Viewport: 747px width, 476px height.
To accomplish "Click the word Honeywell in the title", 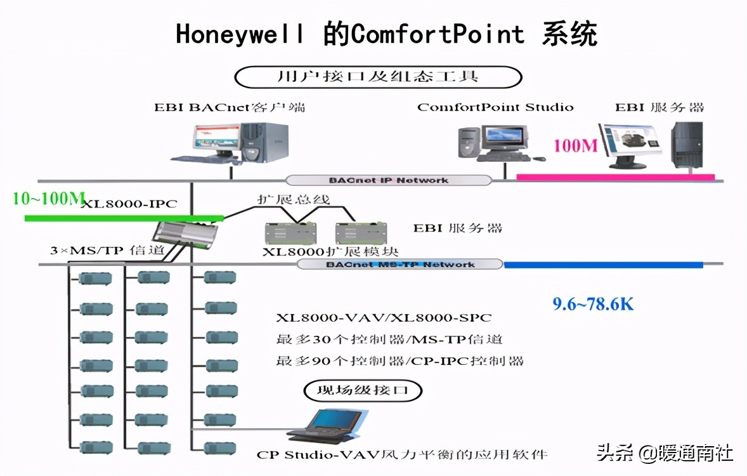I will tap(240, 34).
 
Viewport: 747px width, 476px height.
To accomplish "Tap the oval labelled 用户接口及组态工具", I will tap(378, 77).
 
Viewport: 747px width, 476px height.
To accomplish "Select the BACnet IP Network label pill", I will tap(388, 180).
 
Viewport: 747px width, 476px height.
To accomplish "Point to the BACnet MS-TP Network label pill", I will tap(399, 264).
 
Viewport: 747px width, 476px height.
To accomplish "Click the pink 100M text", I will tap(576, 145).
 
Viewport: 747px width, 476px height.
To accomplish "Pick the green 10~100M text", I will tap(48, 199).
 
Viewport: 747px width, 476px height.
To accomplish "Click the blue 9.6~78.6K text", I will tap(593, 304).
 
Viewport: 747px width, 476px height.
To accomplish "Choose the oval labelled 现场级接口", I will tap(363, 390).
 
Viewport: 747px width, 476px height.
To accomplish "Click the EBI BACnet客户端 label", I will tap(230, 107).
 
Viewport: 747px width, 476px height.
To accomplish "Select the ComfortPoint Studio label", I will tap(495, 107).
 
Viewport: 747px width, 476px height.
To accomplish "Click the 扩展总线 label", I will tap(293, 199).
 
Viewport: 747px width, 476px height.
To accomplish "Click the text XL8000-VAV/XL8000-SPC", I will tap(384, 317).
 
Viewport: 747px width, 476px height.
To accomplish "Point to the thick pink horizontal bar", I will tap(615, 176).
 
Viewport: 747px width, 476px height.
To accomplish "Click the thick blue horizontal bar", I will tap(603, 265).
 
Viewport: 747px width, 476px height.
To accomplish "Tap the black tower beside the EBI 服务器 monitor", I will tap(687, 145).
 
